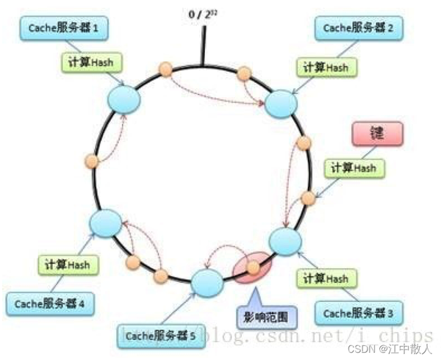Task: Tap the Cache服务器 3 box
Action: coord(356,314)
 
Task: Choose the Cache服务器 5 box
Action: coord(159,336)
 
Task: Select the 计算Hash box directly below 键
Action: coord(353,168)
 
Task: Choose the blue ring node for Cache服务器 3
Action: coord(285,241)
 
